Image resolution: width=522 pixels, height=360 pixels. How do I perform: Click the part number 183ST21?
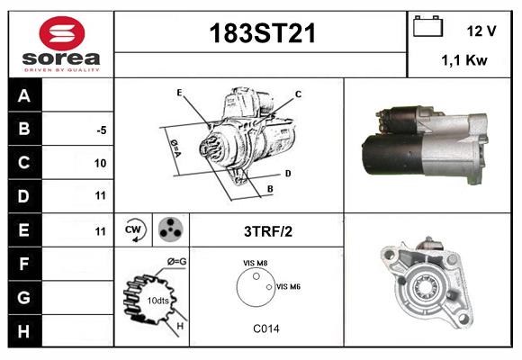(x=262, y=33)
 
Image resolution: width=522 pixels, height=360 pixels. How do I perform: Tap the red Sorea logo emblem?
(x=62, y=33)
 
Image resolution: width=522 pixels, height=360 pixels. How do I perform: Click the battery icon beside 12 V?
(x=427, y=26)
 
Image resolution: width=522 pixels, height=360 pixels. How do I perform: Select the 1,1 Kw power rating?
(x=464, y=60)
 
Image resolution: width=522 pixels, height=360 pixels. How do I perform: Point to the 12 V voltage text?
(x=481, y=31)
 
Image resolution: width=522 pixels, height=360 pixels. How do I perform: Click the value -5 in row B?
(x=102, y=130)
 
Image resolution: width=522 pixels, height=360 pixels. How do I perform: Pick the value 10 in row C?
(x=100, y=163)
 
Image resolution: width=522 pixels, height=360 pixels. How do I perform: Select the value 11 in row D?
(x=101, y=195)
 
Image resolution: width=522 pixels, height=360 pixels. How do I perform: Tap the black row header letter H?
(x=24, y=331)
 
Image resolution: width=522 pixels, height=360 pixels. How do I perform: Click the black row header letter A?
(x=24, y=96)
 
